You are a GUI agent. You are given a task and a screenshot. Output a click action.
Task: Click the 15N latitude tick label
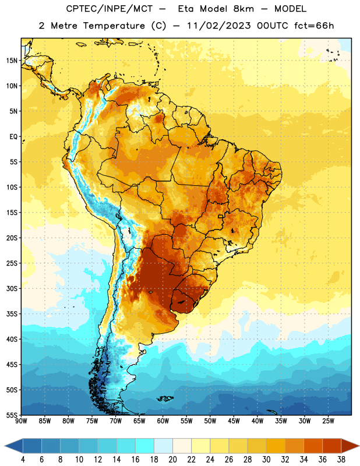pyautogui.click(x=12, y=61)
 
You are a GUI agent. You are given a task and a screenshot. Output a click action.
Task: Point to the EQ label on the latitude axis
pyautogui.click(x=13, y=137)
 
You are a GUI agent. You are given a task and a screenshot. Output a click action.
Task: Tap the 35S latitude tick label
pyautogui.click(x=12, y=314)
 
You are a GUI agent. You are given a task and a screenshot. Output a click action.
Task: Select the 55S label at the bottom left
pyautogui.click(x=12, y=415)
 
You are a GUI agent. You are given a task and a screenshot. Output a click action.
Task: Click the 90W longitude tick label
pyautogui.click(x=21, y=421)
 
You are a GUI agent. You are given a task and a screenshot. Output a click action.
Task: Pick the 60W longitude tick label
pyautogui.click(x=163, y=421)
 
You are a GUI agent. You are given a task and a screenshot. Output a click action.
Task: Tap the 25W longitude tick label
pyautogui.click(x=328, y=421)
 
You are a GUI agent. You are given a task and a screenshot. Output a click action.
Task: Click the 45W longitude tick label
pyautogui.click(x=234, y=421)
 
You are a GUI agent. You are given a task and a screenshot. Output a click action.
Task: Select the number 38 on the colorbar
pyautogui.click(x=341, y=460)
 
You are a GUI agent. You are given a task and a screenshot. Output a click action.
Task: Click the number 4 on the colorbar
pyautogui.click(x=23, y=460)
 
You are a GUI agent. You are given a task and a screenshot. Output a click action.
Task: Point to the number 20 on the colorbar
pyautogui.click(x=172, y=460)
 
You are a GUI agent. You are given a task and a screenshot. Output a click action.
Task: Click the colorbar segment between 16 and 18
pyautogui.click(x=145, y=446)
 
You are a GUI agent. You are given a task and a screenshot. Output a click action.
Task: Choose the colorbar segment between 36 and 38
pyautogui.click(x=332, y=446)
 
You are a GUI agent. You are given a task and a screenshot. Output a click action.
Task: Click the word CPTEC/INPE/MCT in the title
pyautogui.click(x=109, y=9)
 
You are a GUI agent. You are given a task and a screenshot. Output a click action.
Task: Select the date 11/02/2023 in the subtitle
pyautogui.click(x=219, y=26)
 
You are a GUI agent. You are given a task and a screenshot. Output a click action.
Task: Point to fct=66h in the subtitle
pyautogui.click(x=314, y=26)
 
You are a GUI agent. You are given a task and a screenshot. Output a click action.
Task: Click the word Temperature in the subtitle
pyautogui.click(x=114, y=26)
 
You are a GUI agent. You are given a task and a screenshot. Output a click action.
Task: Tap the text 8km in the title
pyautogui.click(x=243, y=9)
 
